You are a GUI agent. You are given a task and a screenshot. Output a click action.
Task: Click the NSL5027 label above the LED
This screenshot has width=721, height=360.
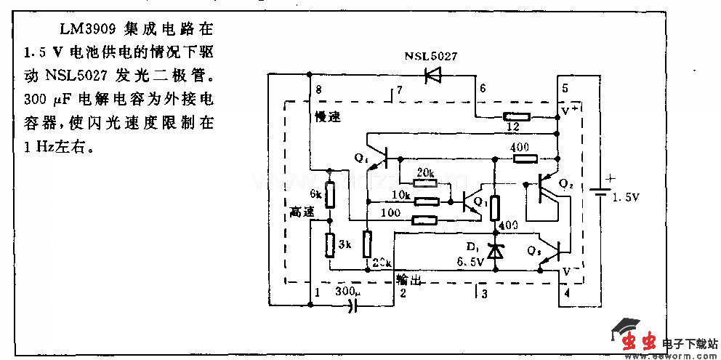tap(431, 56)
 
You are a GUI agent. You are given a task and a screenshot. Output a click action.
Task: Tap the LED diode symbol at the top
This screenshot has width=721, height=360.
tap(434, 73)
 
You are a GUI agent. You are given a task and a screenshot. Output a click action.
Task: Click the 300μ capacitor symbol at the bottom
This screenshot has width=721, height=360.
tap(354, 306)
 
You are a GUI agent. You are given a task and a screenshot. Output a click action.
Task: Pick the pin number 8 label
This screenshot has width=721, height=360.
tap(318, 89)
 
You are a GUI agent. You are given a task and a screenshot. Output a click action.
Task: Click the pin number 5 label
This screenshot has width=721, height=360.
tap(564, 89)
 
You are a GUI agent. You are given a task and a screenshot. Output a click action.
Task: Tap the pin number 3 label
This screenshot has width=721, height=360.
tap(485, 293)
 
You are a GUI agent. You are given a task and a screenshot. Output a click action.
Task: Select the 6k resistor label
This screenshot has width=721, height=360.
tap(314, 194)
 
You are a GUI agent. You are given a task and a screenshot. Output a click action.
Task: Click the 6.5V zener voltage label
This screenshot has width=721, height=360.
tap(470, 263)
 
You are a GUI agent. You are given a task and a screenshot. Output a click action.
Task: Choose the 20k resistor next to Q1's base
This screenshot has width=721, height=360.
tap(426, 183)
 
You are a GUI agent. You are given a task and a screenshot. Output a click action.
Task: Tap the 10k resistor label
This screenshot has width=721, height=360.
tap(401, 196)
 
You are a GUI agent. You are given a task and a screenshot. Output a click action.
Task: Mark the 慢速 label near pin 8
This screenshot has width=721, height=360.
tap(328, 117)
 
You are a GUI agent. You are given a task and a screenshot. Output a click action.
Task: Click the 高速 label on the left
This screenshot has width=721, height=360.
tap(302, 212)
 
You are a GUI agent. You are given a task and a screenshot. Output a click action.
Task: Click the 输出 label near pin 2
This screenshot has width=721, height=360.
tap(408, 280)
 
